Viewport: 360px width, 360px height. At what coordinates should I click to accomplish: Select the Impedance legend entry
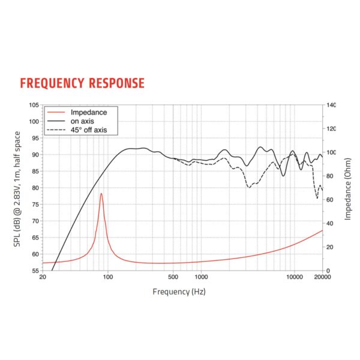click(88, 112)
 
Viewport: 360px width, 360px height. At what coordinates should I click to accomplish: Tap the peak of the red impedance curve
click(101, 193)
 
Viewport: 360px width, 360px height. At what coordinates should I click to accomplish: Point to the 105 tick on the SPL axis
click(34, 105)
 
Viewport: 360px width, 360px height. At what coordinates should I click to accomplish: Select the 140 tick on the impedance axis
click(332, 105)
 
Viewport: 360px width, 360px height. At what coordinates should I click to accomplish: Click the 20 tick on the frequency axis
click(42, 278)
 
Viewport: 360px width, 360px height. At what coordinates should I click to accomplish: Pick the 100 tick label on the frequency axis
click(107, 278)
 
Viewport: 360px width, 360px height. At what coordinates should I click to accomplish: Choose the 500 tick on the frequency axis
click(173, 278)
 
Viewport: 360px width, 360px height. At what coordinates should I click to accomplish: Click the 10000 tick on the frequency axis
click(294, 278)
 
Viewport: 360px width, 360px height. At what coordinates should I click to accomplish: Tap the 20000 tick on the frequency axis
click(322, 278)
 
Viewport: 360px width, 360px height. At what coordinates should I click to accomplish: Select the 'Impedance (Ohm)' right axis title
click(348, 188)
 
